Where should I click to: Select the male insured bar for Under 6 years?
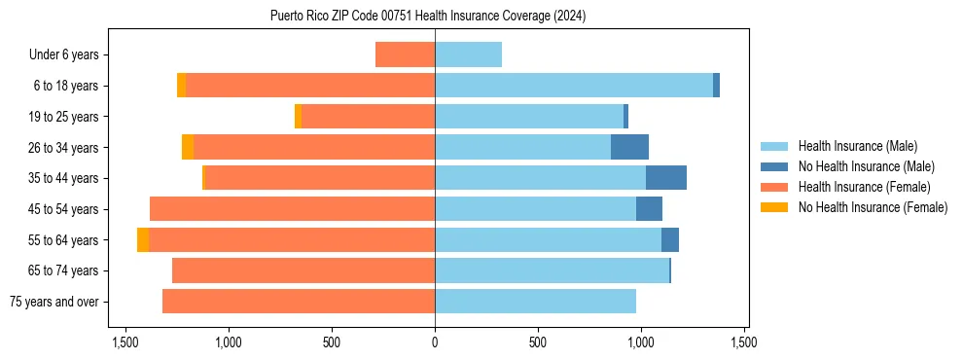pyautogui.click(x=468, y=54)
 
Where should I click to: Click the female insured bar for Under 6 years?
pyautogui.click(x=405, y=54)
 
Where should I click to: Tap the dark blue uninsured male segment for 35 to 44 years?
pyautogui.click(x=666, y=178)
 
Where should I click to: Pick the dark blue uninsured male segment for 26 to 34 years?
pyautogui.click(x=629, y=147)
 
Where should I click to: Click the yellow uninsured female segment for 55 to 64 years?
pyautogui.click(x=143, y=239)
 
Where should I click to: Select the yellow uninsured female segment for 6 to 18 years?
pyautogui.click(x=181, y=86)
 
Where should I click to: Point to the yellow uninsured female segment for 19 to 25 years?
pyautogui.click(x=298, y=117)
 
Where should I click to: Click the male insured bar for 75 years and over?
pyautogui.click(x=535, y=302)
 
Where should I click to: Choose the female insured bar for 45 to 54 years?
pyautogui.click(x=292, y=209)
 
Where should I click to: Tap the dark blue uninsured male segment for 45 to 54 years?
pyautogui.click(x=649, y=209)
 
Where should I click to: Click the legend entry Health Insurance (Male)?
pyautogui.click(x=856, y=146)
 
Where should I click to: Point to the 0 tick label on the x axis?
pyautogui.click(x=435, y=342)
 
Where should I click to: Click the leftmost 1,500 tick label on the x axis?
pyautogui.click(x=125, y=342)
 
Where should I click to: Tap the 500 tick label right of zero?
pyautogui.click(x=538, y=342)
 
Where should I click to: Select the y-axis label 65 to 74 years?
pyautogui.click(x=63, y=270)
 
